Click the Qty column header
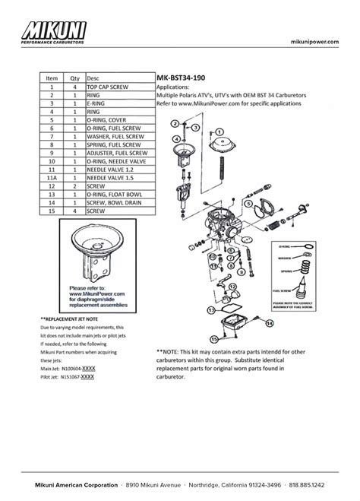[x=75, y=78]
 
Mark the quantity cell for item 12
[x=75, y=185]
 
